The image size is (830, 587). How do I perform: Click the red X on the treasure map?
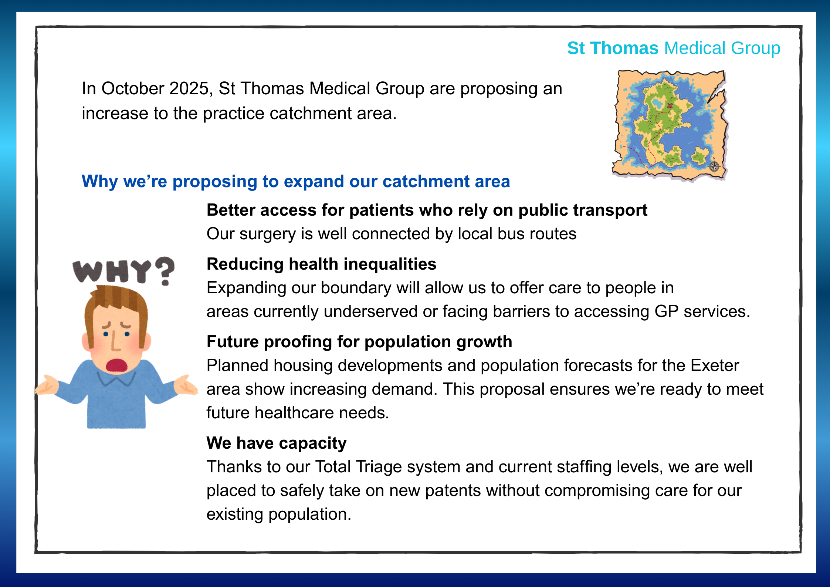tap(670, 106)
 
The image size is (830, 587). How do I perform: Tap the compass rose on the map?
tap(714, 166)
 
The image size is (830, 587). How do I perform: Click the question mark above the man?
tap(165, 271)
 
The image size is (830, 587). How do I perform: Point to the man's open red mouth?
tap(117, 365)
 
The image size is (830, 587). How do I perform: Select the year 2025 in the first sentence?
tap(189, 89)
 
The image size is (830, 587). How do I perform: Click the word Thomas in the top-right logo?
tap(624, 48)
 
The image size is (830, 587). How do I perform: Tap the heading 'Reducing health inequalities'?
tap(321, 264)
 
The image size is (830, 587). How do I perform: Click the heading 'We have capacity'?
tap(277, 443)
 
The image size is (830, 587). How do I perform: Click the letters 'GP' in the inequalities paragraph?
tap(666, 311)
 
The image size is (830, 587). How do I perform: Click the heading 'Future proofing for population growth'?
tap(359, 342)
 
